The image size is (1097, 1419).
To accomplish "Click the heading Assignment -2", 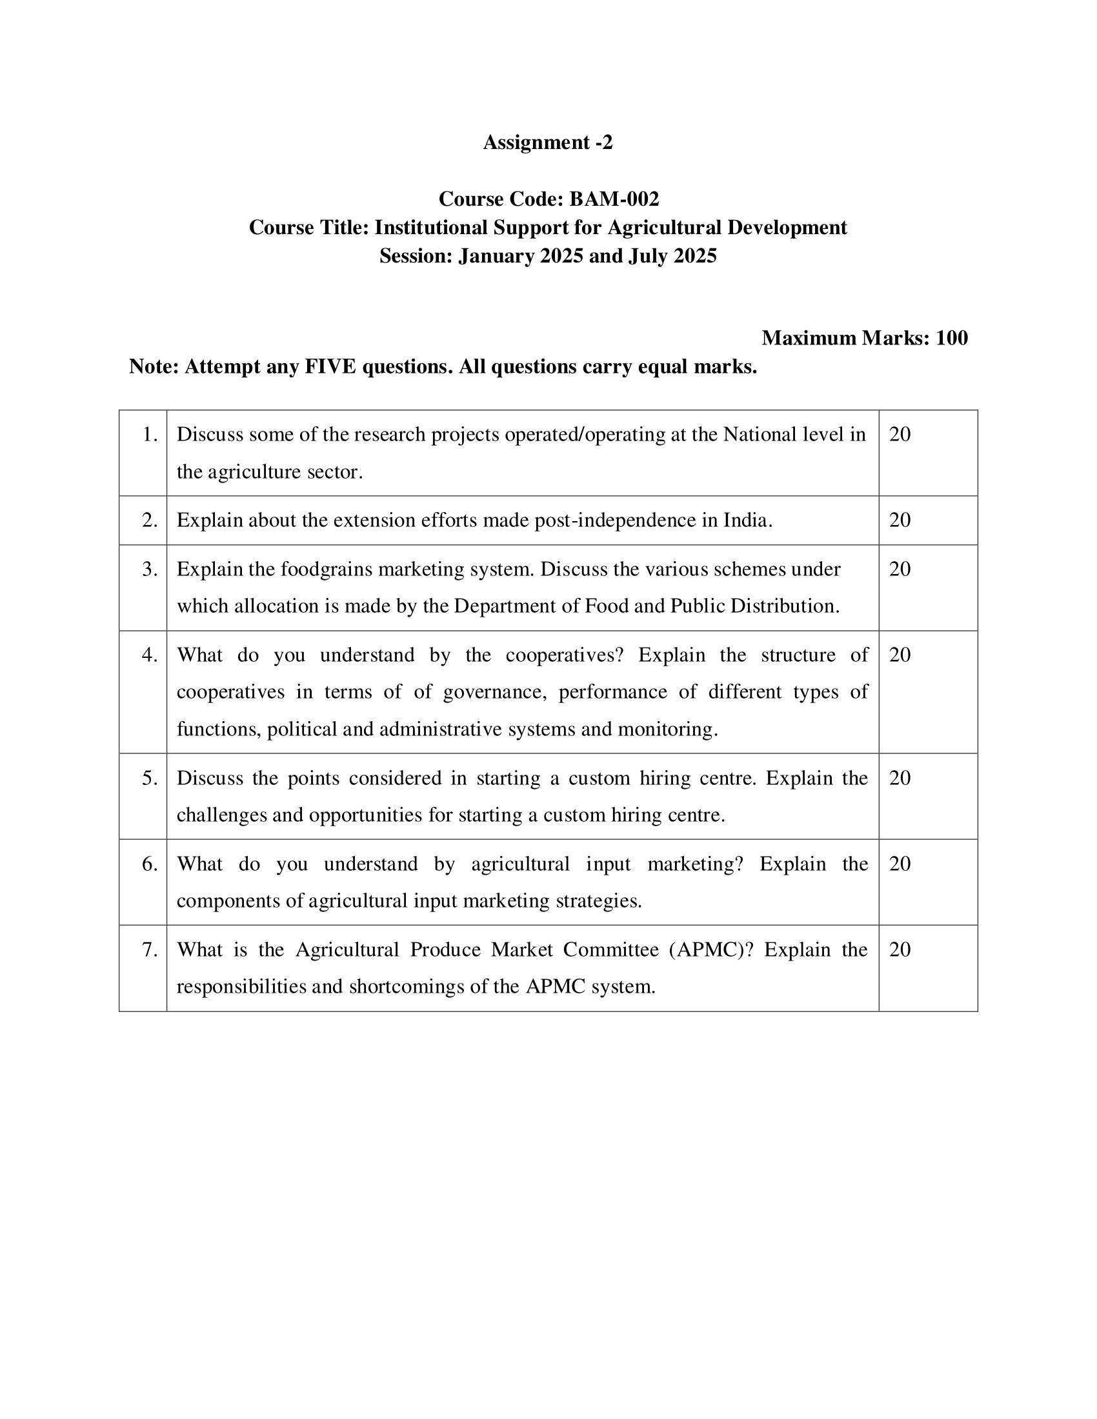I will tap(547, 143).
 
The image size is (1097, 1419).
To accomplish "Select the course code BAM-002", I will tap(614, 199).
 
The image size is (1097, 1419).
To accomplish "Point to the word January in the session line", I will tap(496, 256).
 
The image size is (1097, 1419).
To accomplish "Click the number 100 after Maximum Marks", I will tap(951, 338).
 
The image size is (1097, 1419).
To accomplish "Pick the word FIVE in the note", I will tap(330, 367).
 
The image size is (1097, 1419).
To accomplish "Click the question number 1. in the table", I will tap(150, 434).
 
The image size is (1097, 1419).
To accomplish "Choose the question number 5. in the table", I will tap(150, 778).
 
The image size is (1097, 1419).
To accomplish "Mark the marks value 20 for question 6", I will tap(900, 864).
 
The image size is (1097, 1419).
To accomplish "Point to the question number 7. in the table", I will tap(150, 950).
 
